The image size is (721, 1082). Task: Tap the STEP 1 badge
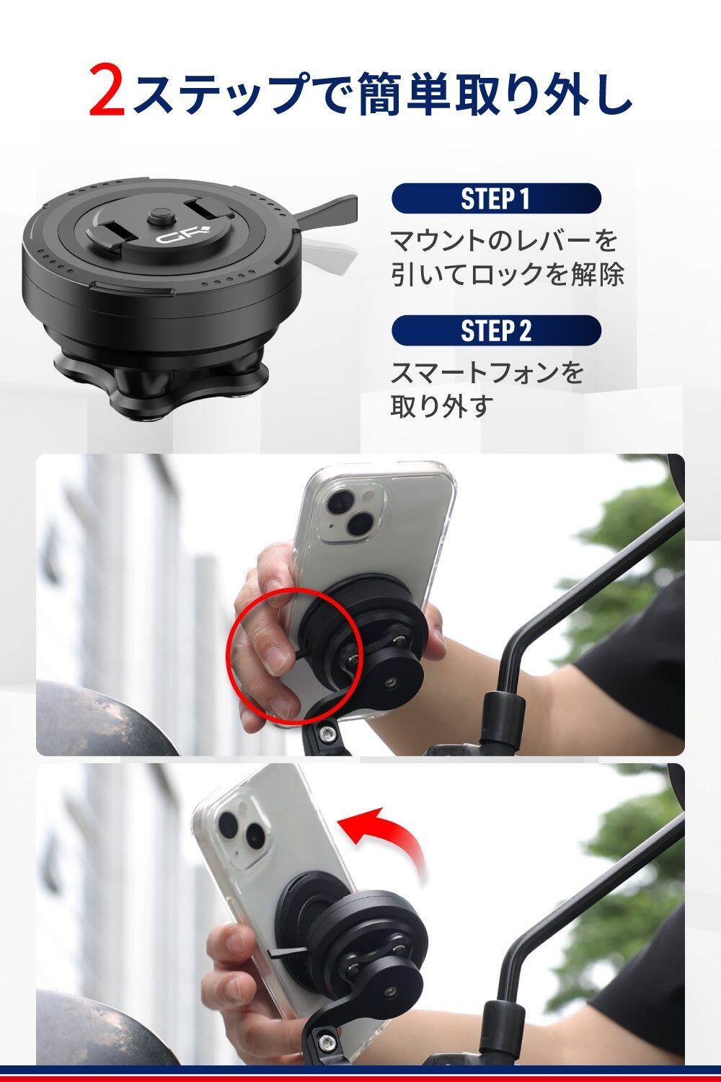[496, 198]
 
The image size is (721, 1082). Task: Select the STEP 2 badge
[496, 330]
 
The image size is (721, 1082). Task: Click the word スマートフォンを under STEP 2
[486, 373]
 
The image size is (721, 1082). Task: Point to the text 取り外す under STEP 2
[443, 406]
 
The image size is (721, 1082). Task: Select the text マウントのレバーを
[504, 240]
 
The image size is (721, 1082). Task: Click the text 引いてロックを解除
[507, 273]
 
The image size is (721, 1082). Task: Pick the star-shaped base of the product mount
[160, 382]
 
